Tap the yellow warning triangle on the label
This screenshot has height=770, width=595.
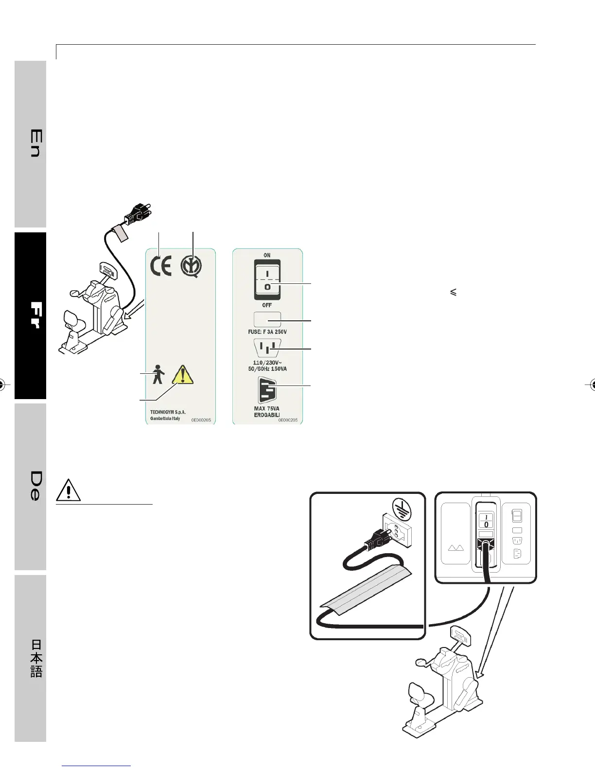(x=183, y=375)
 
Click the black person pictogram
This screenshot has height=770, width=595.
(x=157, y=375)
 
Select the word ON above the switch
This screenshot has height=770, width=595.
(x=267, y=255)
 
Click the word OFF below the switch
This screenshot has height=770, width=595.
(x=267, y=305)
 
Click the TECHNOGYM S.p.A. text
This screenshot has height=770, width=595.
(x=168, y=412)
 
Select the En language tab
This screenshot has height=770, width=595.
(x=34, y=143)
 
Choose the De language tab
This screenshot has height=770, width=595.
(x=34, y=486)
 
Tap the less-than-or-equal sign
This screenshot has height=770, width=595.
(x=453, y=293)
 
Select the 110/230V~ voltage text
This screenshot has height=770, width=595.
(x=267, y=363)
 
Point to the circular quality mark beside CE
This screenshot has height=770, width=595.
(x=192, y=267)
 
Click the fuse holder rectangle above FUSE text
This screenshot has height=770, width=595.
(x=267, y=319)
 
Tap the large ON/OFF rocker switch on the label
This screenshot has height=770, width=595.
(x=267, y=279)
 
